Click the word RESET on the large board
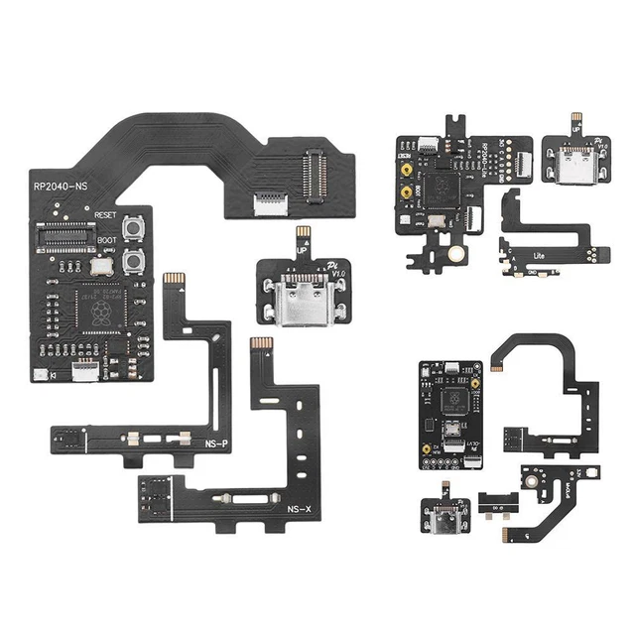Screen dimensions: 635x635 [107, 214]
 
